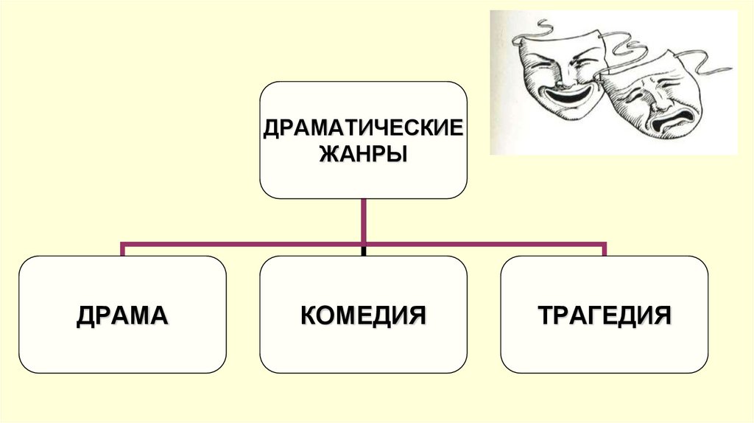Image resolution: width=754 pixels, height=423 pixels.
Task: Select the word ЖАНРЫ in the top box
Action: (x=364, y=155)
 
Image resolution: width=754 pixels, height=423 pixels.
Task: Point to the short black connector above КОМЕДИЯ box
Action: (x=364, y=251)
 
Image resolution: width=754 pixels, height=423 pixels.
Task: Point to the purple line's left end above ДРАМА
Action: (x=122, y=248)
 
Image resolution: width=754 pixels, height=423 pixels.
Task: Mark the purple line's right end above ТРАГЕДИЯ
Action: (x=605, y=248)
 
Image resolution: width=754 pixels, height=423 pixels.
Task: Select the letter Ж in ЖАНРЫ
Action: (x=328, y=155)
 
